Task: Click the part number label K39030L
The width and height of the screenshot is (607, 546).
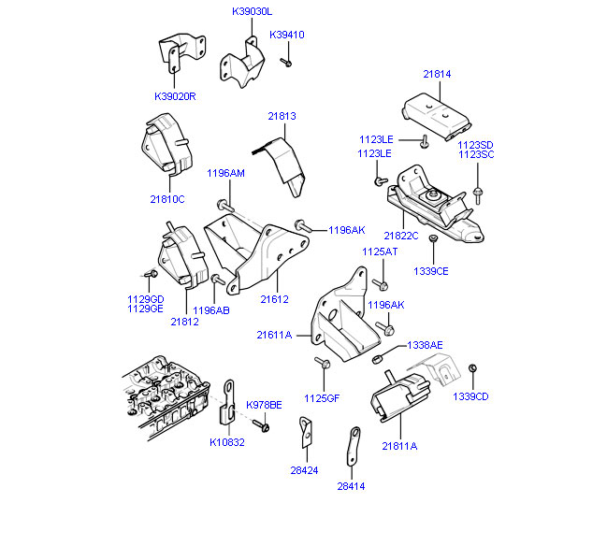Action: pos(252,12)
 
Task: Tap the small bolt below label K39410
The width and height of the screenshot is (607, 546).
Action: pos(288,62)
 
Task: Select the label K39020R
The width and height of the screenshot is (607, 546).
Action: pos(175,95)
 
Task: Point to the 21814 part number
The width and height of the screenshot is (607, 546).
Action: pos(436,73)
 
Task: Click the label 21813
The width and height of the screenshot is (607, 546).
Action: pos(282,116)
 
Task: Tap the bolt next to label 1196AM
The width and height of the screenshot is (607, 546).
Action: pos(224,205)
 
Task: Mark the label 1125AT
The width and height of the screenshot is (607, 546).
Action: pos(379,251)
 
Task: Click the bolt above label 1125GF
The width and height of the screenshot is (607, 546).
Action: pos(322,363)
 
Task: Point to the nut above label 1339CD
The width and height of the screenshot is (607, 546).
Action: pos(473,367)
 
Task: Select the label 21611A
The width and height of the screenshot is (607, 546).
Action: pos(274,334)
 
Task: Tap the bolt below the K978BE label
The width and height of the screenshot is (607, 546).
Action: pos(265,426)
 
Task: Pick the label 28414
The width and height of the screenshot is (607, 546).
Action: pos(351,485)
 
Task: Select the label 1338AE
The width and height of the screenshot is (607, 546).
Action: pos(425,345)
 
